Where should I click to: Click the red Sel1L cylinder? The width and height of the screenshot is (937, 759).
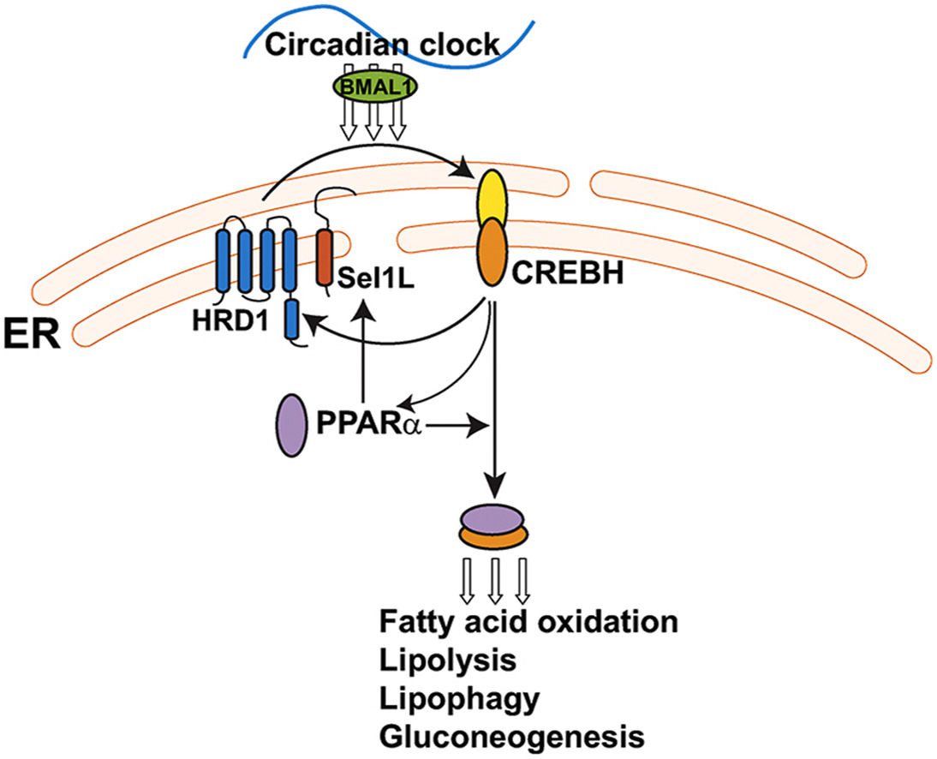coord(325,256)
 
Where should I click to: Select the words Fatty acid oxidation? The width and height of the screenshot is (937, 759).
coord(528,621)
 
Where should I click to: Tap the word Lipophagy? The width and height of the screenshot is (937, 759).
coord(459,699)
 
